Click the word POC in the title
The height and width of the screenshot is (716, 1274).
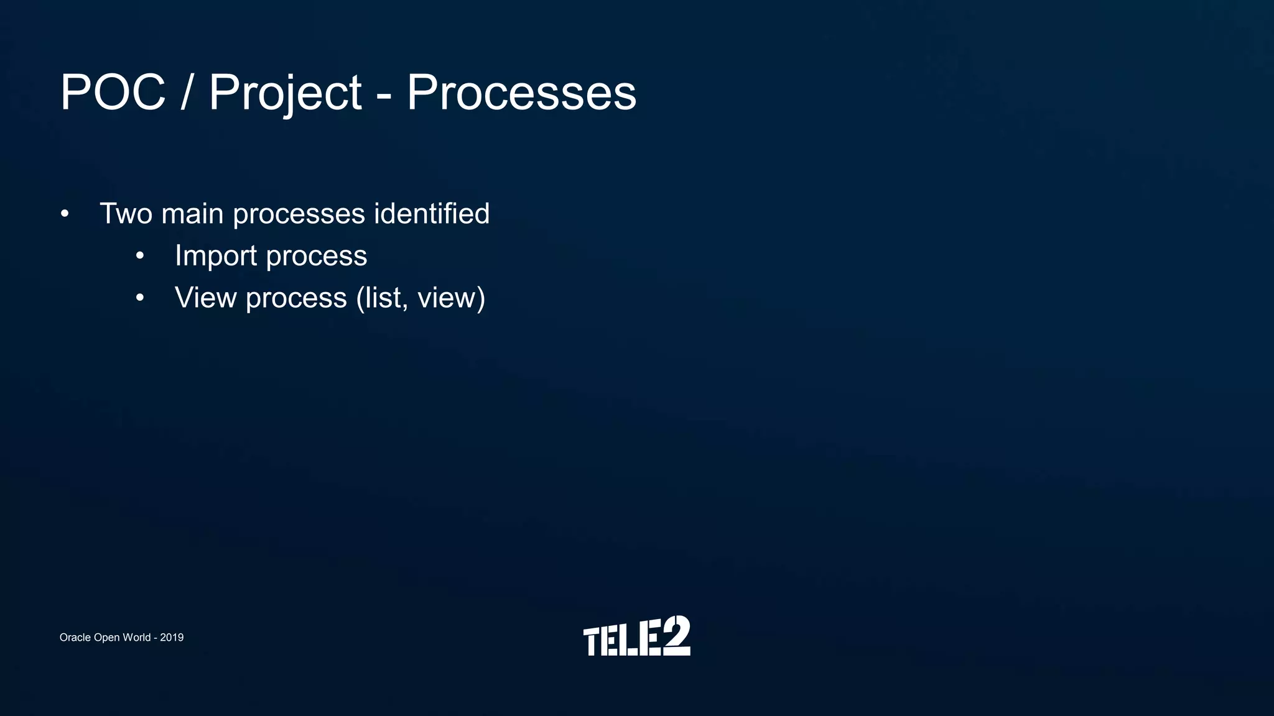tap(113, 93)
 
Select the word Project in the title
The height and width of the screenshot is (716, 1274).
tap(285, 94)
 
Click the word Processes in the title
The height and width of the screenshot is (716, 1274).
tap(521, 93)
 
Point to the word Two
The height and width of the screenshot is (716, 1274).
tap(126, 214)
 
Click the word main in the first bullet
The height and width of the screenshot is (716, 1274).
tap(192, 214)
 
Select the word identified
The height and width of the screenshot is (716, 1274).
tap(432, 214)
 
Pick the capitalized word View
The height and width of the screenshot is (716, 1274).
tap(205, 298)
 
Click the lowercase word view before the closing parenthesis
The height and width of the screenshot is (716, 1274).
tap(446, 298)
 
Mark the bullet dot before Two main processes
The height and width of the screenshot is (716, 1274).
tap(65, 214)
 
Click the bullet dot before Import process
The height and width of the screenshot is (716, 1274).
tap(140, 256)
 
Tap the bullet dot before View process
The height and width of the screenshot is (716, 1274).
tap(140, 298)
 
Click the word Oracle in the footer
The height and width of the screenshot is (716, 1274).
tap(75, 638)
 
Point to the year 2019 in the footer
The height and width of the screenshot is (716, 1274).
tap(172, 638)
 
